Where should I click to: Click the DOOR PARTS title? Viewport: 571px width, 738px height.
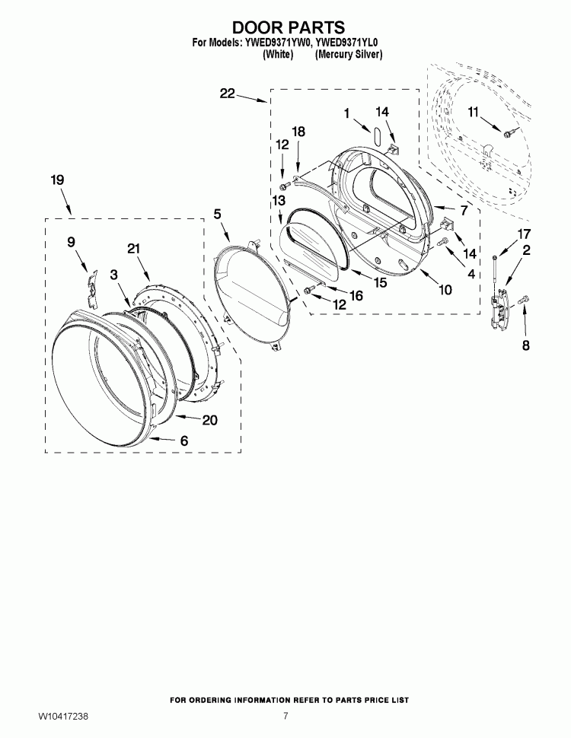coord(288,27)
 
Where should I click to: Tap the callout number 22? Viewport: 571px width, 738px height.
coord(227,94)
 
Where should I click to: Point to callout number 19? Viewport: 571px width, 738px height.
coord(57,180)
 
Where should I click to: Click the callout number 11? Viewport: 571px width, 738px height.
coord(473,112)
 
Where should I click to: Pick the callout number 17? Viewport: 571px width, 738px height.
coord(524,234)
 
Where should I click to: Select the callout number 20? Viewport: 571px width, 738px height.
coord(209,419)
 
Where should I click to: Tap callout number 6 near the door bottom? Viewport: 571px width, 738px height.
coord(184,441)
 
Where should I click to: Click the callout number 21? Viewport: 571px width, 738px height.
coord(134,248)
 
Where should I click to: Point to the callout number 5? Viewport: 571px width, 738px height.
coord(217,214)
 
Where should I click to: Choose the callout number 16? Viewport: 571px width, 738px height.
coord(356,295)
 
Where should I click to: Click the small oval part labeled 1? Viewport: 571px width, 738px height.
coord(376,134)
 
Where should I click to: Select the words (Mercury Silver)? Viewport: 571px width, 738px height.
coord(349,55)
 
